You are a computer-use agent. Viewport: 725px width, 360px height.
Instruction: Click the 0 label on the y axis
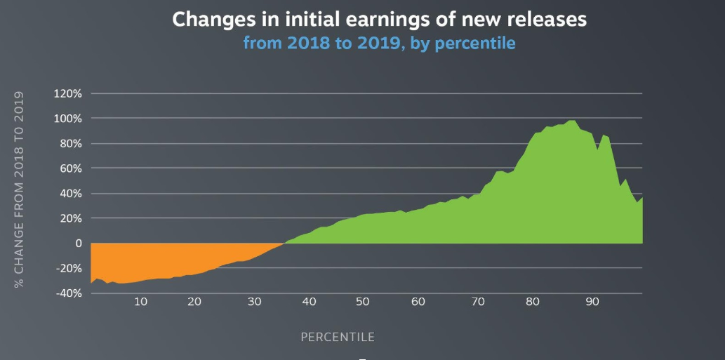point(79,243)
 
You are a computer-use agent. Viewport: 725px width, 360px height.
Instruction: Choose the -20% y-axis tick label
point(69,268)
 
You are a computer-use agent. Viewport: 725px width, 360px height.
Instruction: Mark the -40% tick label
point(69,293)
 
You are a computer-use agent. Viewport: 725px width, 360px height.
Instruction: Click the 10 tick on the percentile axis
point(141,302)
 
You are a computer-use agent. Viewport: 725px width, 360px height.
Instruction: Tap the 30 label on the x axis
point(254,302)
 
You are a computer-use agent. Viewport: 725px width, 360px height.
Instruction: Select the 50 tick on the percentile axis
point(363,302)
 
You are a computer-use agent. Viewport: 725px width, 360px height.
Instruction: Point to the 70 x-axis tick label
point(478,302)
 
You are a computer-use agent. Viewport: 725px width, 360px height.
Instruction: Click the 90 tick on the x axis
point(592,302)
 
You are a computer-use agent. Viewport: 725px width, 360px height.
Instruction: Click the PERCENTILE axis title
point(338,338)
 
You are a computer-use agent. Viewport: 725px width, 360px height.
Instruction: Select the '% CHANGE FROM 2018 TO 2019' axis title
point(18,190)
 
